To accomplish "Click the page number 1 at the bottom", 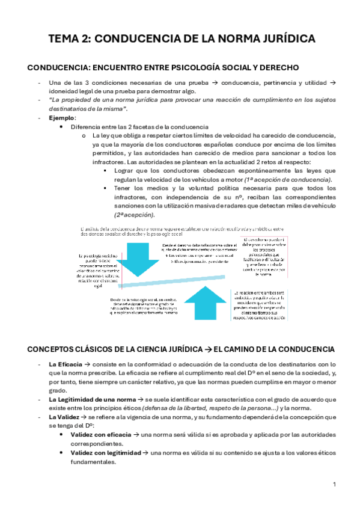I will pos(334,484).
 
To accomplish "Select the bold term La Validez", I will pos(64,417).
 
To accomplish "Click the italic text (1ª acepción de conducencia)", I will pos(283,180).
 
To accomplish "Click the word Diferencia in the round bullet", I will pos(87,127).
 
